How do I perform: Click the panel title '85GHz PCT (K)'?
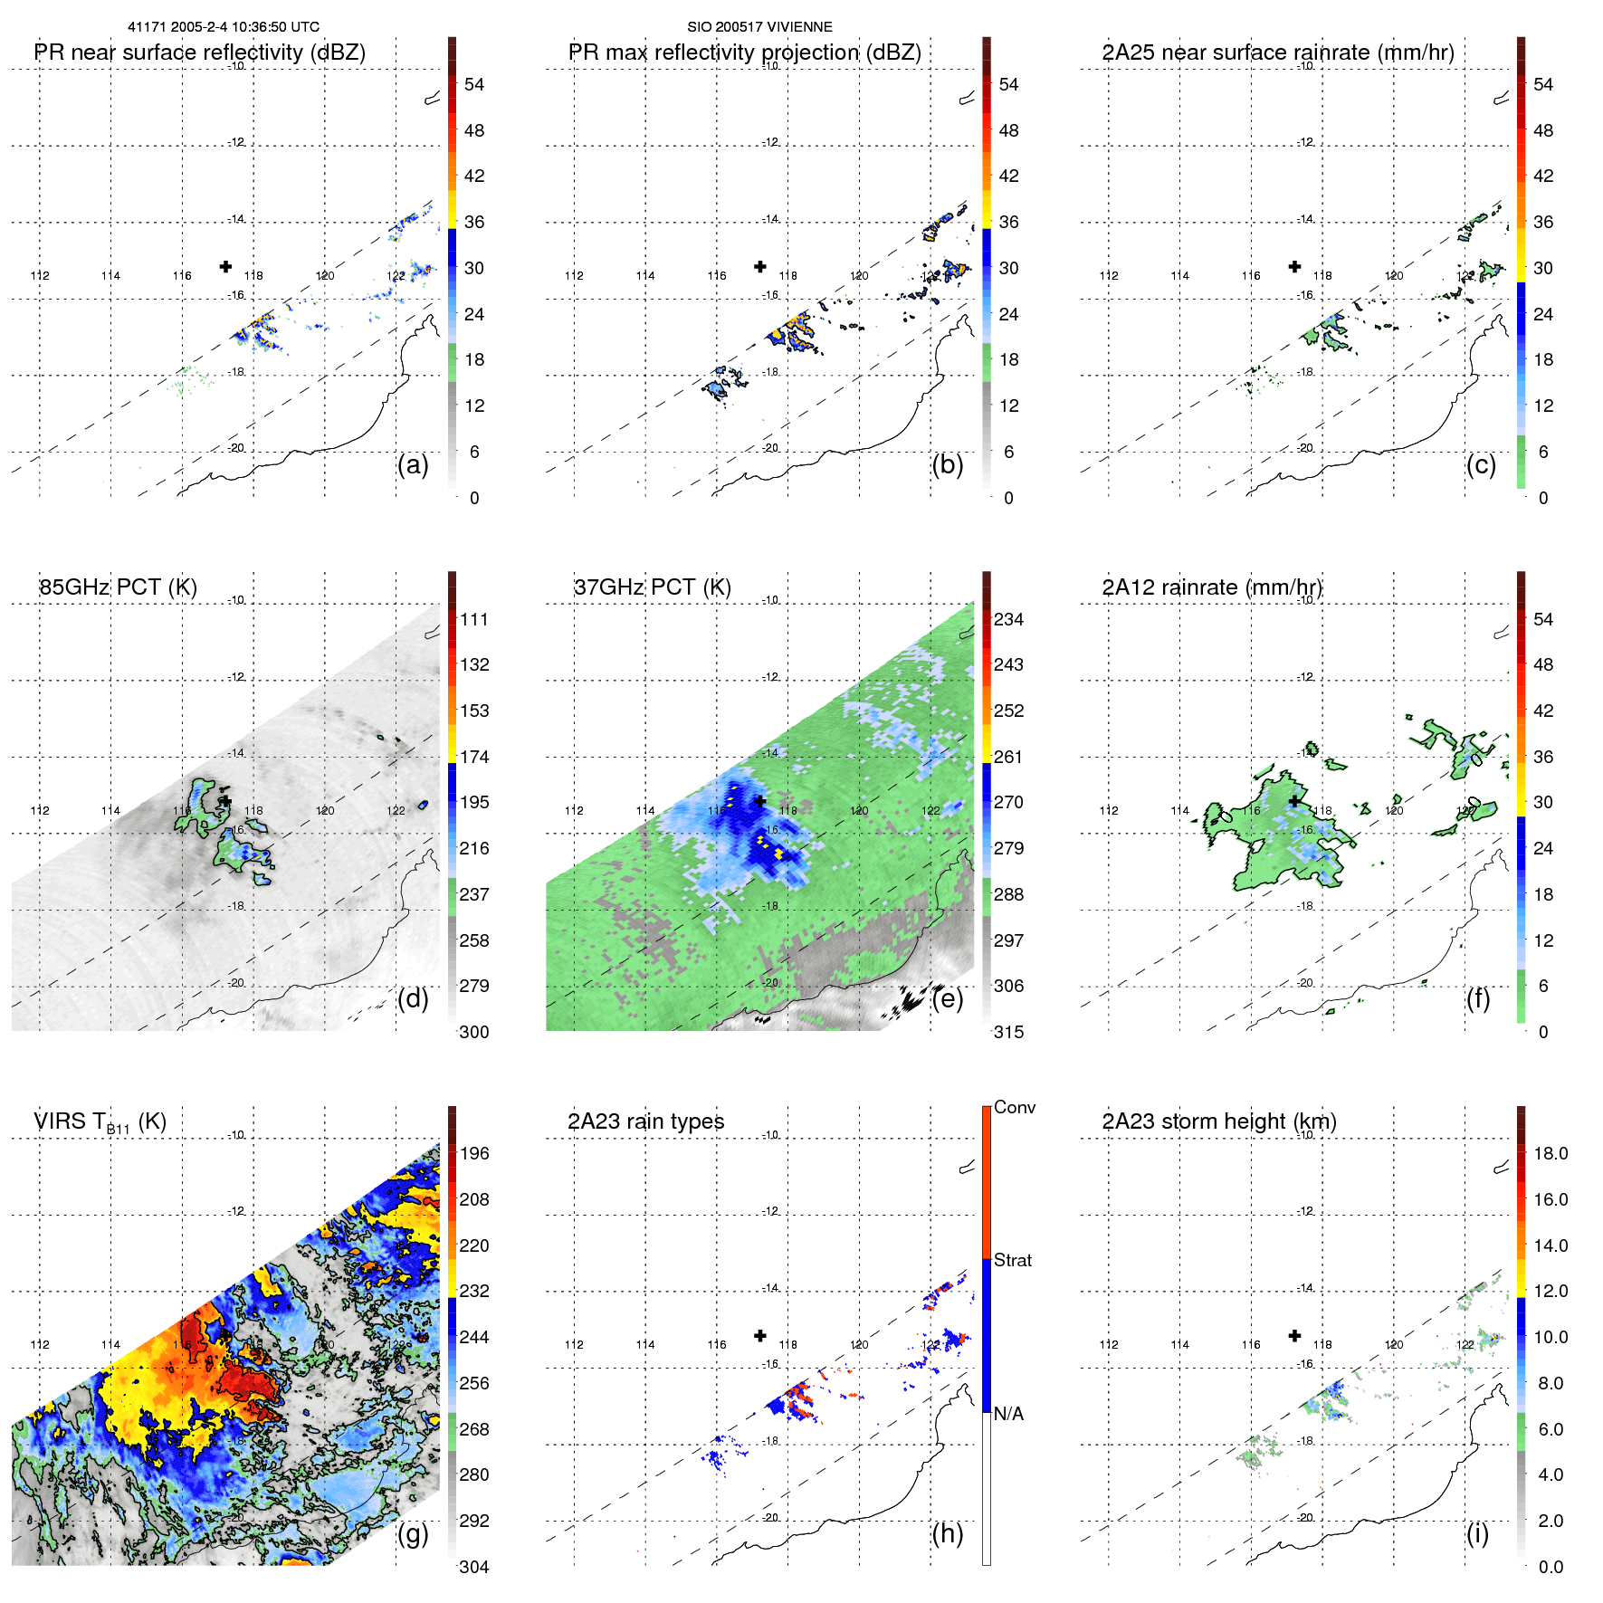pyautogui.click(x=118, y=587)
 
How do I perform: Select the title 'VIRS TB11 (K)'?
pyautogui.click(x=100, y=1122)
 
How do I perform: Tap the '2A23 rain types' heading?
pyautogui.click(x=645, y=1121)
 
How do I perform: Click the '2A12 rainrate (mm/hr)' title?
pyautogui.click(x=1212, y=587)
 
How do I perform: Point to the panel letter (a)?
pyautogui.click(x=413, y=465)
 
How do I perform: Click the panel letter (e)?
pyautogui.click(x=947, y=999)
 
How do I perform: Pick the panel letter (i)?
pyautogui.click(x=1477, y=1533)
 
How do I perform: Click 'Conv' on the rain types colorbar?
pyautogui.click(x=1014, y=1107)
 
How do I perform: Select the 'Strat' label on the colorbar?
pyautogui.click(x=1012, y=1260)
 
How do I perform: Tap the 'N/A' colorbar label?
pyautogui.click(x=1008, y=1414)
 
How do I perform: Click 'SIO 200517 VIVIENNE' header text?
pyautogui.click(x=759, y=27)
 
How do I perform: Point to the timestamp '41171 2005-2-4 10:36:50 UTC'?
pyautogui.click(x=224, y=27)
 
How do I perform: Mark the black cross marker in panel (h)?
pyautogui.click(x=760, y=1335)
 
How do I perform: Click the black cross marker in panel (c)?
pyautogui.click(x=1294, y=266)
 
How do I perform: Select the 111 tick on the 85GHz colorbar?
pyautogui.click(x=473, y=619)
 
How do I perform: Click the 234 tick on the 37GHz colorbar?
pyautogui.click(x=1008, y=619)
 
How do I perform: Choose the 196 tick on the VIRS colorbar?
pyautogui.click(x=473, y=1153)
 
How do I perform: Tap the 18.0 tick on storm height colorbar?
pyautogui.click(x=1550, y=1153)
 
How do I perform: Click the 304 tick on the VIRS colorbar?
pyautogui.click(x=473, y=1567)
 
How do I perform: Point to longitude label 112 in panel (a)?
pyautogui.click(x=40, y=276)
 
